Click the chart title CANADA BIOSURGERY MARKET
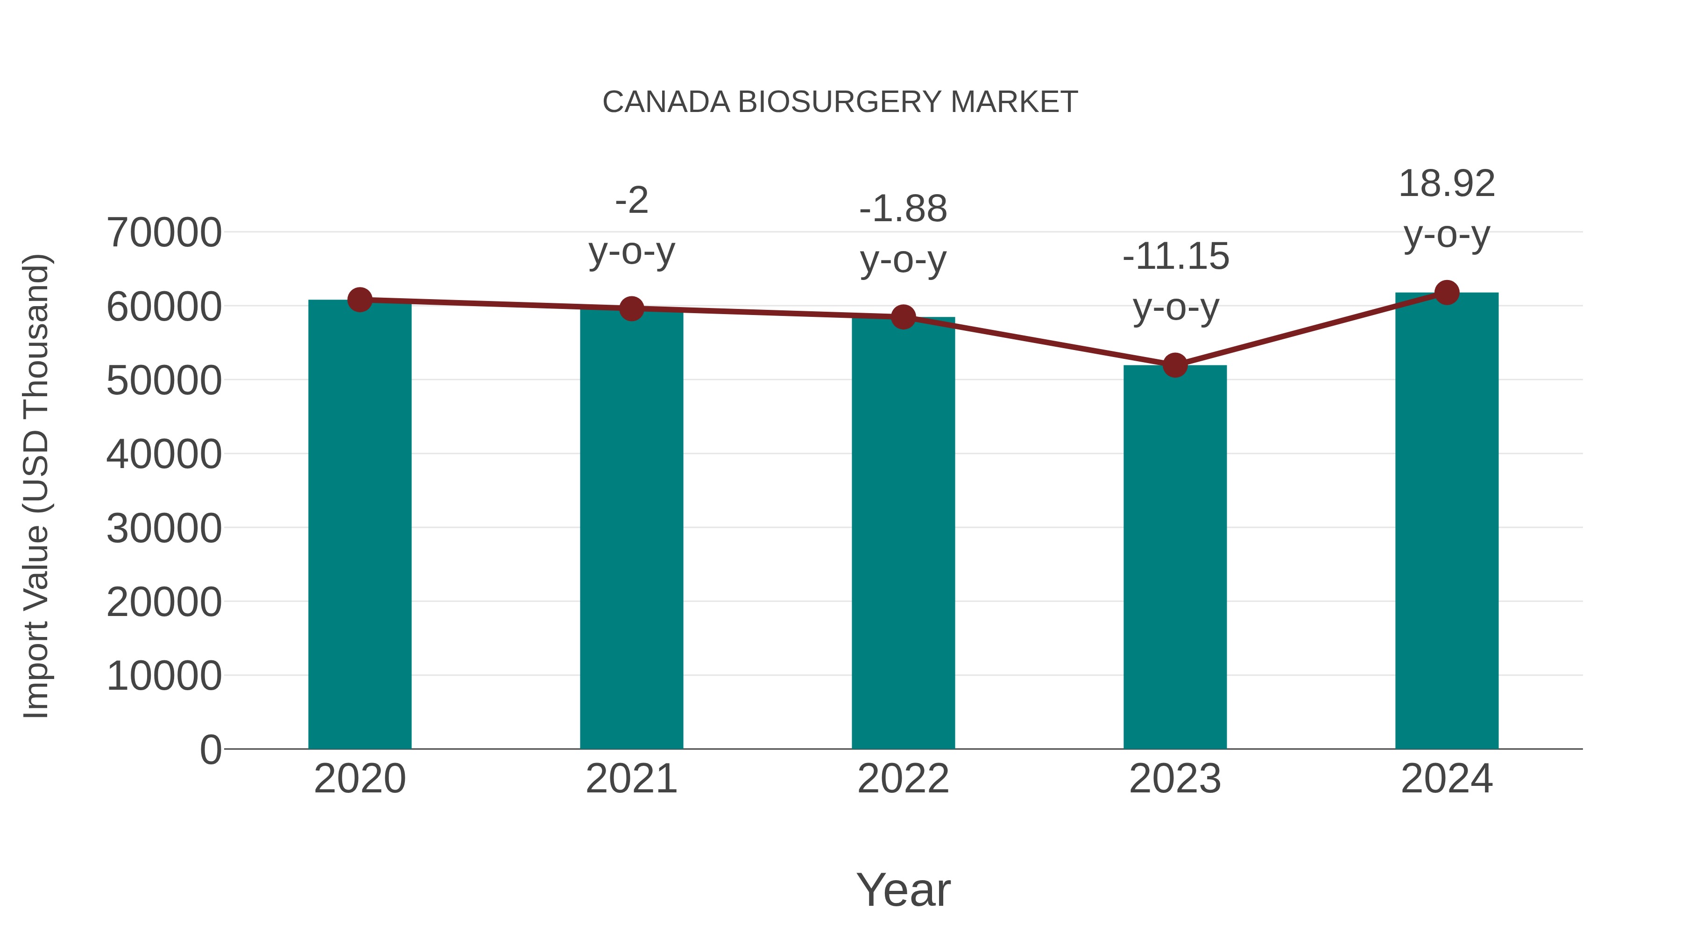coord(840,102)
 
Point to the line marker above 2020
coord(360,300)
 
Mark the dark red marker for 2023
coord(1175,365)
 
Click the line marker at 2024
coord(1447,293)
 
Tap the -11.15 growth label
coord(1175,256)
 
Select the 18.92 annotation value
coord(1447,184)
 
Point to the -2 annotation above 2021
coord(631,200)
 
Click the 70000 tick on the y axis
coord(164,233)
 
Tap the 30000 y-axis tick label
coord(164,528)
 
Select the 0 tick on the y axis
coord(210,750)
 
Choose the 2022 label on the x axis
coord(903,779)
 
